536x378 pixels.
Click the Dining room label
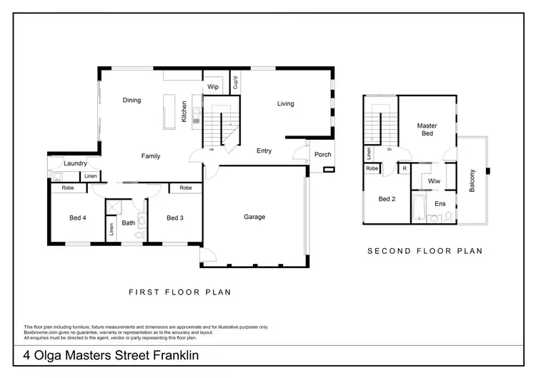(x=131, y=101)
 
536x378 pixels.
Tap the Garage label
(x=254, y=217)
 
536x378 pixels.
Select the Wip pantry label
(x=213, y=87)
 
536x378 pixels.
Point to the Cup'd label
(x=235, y=84)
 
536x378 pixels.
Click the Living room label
(x=286, y=104)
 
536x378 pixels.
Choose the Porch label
(x=322, y=155)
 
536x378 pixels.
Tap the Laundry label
(x=75, y=163)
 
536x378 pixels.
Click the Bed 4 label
(x=78, y=218)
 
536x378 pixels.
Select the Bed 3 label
(x=175, y=218)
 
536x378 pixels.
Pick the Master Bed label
(x=427, y=130)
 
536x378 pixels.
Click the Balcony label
(x=472, y=180)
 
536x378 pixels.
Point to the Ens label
(x=440, y=204)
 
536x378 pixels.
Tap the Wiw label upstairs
(x=434, y=182)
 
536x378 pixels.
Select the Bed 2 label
(x=387, y=199)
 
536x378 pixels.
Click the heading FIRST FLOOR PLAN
(x=179, y=292)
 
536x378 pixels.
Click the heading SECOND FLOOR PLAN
(x=425, y=251)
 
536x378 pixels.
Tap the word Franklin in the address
(x=172, y=355)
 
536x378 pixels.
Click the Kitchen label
(x=184, y=111)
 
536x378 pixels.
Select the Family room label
(x=151, y=156)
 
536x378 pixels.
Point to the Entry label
(x=264, y=150)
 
